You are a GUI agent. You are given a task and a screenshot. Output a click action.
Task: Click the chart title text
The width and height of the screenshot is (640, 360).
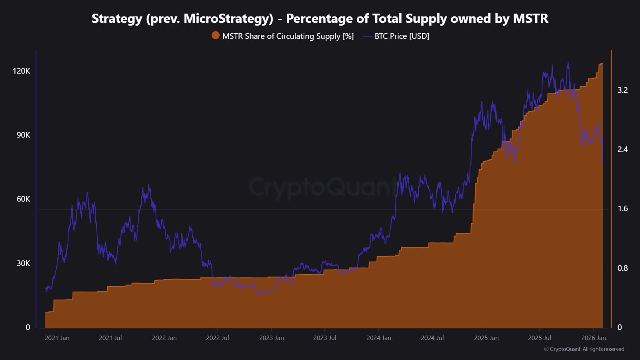coord(320,18)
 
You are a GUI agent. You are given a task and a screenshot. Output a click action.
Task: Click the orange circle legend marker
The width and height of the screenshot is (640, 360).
coord(216,36)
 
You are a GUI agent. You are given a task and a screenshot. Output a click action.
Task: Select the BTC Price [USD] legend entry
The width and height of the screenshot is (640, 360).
coord(401,36)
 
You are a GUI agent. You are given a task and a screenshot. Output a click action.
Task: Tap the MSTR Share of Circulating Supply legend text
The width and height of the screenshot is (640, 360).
coord(288,36)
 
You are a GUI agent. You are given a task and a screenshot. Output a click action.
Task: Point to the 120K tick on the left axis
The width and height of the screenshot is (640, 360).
coord(21,71)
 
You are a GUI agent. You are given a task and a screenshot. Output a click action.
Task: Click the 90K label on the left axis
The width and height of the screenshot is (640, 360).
coord(23,135)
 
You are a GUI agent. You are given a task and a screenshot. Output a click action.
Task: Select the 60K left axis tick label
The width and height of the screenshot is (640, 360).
coord(23,199)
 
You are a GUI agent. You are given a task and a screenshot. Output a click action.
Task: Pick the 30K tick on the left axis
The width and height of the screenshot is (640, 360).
coord(23,263)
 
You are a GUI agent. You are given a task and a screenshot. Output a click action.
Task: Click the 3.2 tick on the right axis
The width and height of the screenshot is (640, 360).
coord(622,90)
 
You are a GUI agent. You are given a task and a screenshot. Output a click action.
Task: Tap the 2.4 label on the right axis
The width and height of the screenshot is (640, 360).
coord(622,149)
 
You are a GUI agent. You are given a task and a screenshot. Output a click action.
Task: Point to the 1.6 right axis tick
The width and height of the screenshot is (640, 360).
coord(622,208)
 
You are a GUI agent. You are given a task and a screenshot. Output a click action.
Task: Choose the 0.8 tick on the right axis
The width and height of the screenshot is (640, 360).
coord(622,268)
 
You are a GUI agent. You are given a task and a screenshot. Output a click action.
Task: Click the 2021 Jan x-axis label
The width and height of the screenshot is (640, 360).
coord(57,338)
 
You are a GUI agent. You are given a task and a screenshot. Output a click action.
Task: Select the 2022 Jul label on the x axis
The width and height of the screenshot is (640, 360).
coord(217,338)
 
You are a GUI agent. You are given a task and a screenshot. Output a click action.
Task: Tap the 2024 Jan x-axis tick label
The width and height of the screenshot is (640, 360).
coord(378,338)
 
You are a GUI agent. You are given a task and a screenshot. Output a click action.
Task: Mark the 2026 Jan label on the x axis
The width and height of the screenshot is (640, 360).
coord(593,338)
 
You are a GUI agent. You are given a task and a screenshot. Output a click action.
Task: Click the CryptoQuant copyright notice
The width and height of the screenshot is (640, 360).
coord(584,349)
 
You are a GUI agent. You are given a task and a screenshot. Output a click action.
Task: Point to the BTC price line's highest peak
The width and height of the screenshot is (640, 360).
coord(568,62)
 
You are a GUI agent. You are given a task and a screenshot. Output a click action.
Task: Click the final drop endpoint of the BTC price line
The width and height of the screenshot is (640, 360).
coord(603,163)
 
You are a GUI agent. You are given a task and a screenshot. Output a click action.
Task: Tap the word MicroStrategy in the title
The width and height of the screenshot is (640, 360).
coord(228,18)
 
